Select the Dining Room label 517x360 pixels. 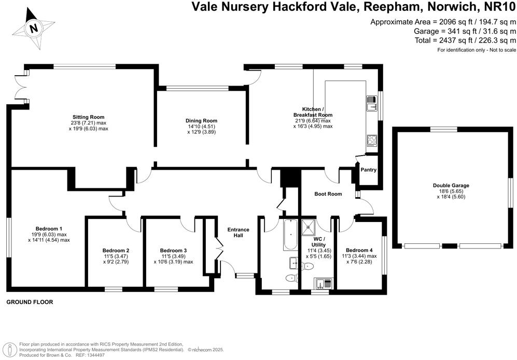pos(201,120)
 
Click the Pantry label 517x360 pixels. pos(369,170)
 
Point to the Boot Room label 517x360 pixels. pos(328,194)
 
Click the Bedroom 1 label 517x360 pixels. pos(49,229)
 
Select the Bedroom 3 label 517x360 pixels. pos(173,251)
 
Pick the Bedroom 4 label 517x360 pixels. pos(359,250)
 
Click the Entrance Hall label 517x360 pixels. pos(238,233)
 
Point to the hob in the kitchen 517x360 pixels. pos(371,139)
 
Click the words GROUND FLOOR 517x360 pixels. pos(30,302)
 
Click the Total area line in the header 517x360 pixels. pos(465,40)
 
